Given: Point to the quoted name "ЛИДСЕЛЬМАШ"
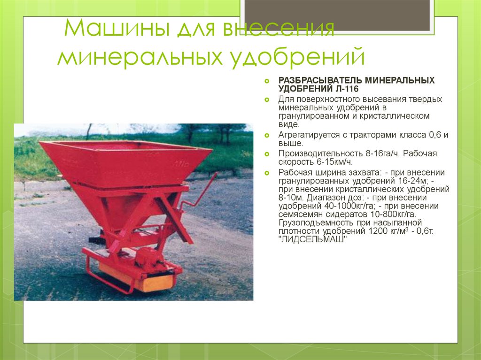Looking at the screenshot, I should pos(312,239).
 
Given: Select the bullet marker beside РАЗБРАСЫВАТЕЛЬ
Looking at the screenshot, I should pos(267,81).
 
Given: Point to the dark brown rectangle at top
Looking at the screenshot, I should pos(337,15).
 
